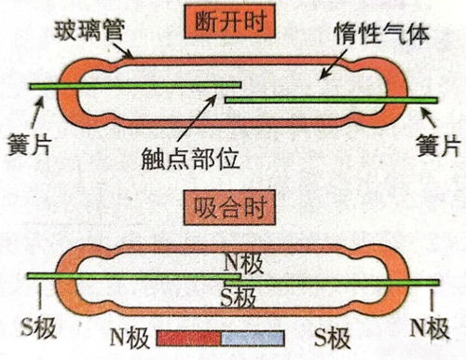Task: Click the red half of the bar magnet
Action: click(189, 336)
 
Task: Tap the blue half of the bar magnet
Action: click(252, 336)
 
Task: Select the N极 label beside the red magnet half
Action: click(130, 334)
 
